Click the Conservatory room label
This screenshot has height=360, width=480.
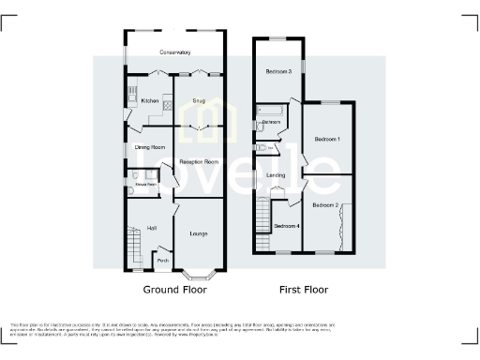tap(175, 52)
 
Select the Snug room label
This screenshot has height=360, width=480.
tap(199, 98)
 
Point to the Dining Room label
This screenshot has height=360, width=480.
tap(150, 146)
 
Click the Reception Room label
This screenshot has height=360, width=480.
tap(199, 161)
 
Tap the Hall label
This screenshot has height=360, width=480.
tap(150, 228)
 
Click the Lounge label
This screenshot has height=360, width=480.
tap(199, 232)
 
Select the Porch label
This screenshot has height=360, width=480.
tap(162, 261)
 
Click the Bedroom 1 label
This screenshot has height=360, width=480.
tap(325, 139)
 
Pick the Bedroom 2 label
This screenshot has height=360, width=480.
tap(325, 204)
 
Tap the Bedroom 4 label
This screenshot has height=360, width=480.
tap(285, 226)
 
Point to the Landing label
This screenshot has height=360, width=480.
tap(276, 175)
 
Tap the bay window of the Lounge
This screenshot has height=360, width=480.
tap(198, 274)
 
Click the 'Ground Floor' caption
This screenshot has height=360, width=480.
tap(174, 290)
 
